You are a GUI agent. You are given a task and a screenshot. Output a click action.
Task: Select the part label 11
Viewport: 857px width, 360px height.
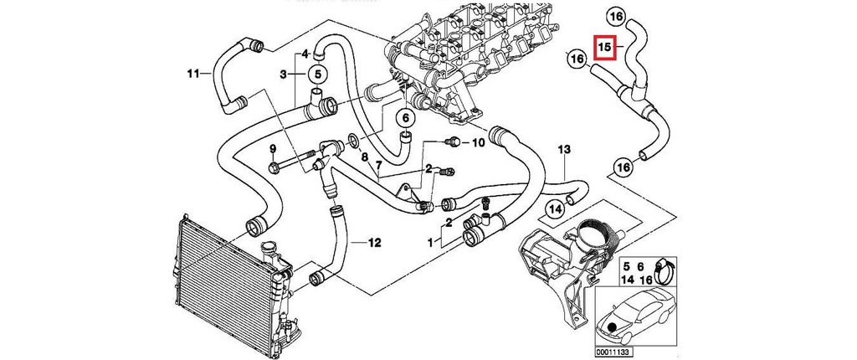[192, 75]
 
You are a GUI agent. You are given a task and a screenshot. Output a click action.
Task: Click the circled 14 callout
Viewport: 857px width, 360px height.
[555, 208]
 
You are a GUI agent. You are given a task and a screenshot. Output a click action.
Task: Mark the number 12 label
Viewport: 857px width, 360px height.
[374, 244]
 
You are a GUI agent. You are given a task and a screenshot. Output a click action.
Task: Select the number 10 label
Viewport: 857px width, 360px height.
[477, 143]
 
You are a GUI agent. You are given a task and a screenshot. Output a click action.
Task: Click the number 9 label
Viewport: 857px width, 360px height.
[273, 149]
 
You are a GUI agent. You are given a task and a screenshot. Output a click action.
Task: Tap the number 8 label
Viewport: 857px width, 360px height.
[365, 157]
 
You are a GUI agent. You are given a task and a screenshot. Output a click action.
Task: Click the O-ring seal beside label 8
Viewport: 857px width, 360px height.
[353, 140]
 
